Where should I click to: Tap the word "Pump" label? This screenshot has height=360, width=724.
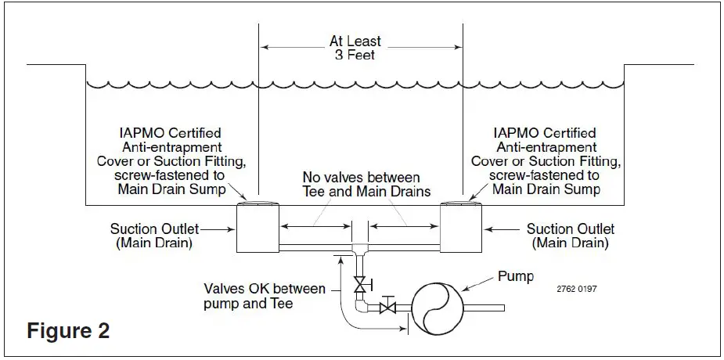coord(513,277)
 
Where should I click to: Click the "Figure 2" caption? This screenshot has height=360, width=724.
coord(68,330)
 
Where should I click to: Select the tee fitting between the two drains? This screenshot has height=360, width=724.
coord(361,250)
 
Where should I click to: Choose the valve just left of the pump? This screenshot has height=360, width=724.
coord(387,308)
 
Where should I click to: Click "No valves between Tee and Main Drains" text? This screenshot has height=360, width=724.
coord(361,185)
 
